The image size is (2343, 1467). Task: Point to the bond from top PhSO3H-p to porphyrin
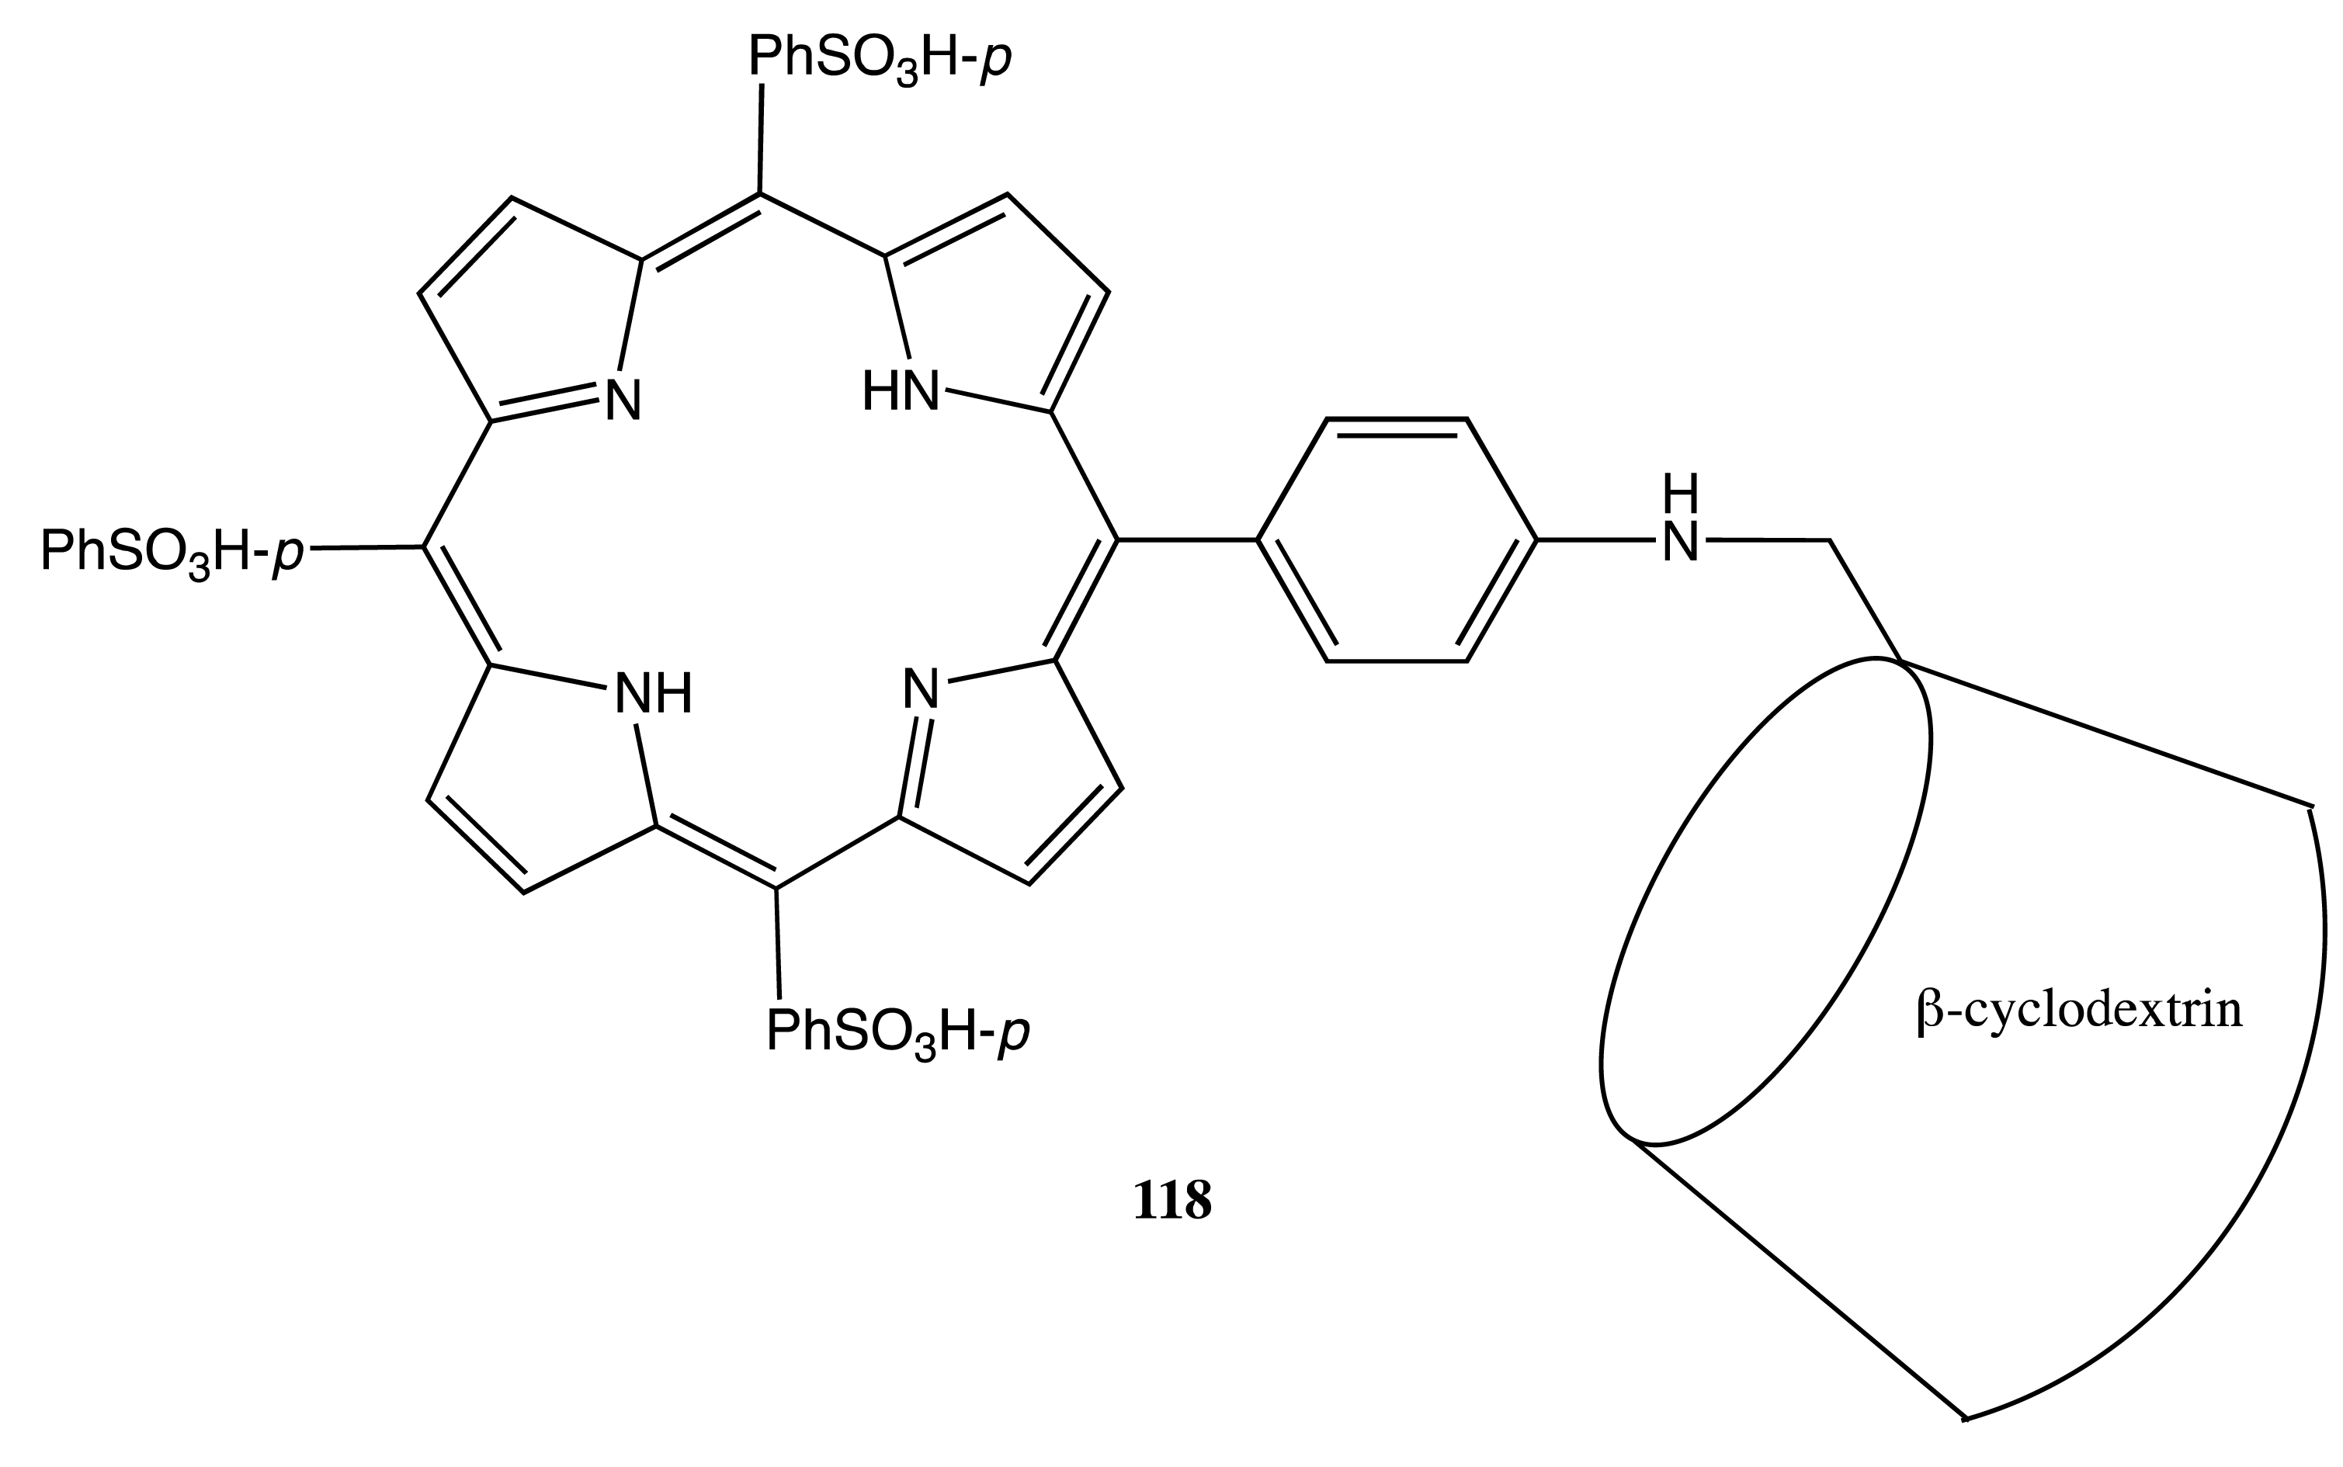pyautogui.click(x=761, y=139)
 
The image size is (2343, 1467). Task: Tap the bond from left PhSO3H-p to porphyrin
pyautogui.click(x=365, y=548)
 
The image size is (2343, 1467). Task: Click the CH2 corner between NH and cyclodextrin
pyautogui.click(x=1830, y=539)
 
